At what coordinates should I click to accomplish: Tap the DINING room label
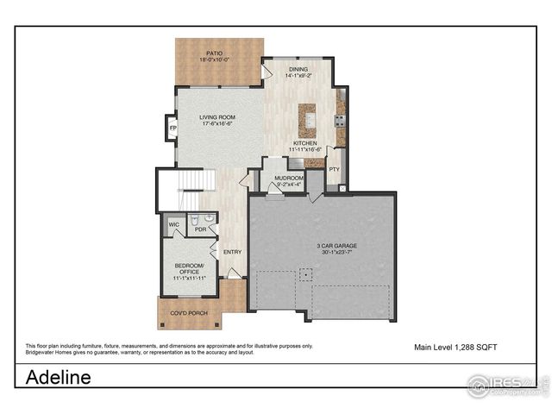pyautogui.click(x=299, y=69)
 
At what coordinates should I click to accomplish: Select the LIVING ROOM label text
pyautogui.click(x=218, y=117)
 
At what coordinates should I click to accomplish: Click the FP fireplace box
pyautogui.click(x=172, y=129)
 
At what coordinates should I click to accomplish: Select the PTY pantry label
pyautogui.click(x=335, y=170)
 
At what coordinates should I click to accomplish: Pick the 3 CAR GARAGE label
pyautogui.click(x=336, y=246)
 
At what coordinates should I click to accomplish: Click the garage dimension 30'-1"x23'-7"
pyautogui.click(x=336, y=254)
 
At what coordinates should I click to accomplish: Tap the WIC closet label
pyautogui.click(x=173, y=225)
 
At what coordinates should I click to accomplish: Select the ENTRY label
pyautogui.click(x=233, y=252)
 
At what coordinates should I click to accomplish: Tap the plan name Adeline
pyautogui.click(x=58, y=377)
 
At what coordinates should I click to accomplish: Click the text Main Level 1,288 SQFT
pyautogui.click(x=455, y=347)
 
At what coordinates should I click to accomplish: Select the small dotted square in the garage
pyautogui.click(x=304, y=274)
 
